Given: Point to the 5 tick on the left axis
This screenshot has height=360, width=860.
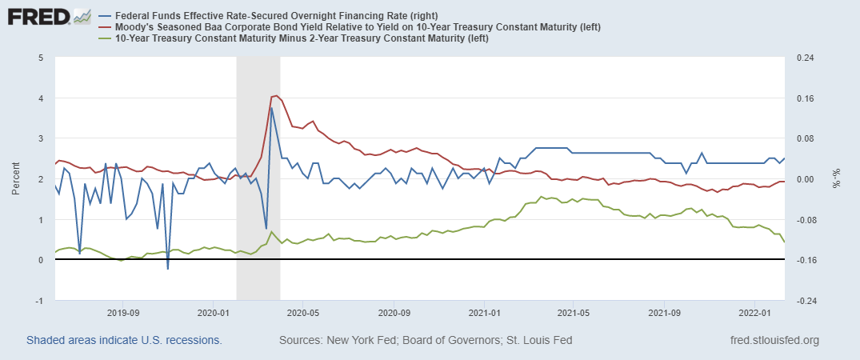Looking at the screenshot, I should [40, 58].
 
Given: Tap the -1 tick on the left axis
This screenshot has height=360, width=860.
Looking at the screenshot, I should [39, 301].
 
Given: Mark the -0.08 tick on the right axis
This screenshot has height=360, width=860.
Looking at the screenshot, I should [802, 220].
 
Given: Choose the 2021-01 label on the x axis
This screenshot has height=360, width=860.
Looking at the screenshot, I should [485, 313].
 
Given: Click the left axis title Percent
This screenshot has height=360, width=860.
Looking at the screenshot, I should [16, 179].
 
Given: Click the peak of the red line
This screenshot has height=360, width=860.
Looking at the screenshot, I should [276, 95].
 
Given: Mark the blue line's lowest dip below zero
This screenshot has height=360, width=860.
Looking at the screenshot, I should [168, 269].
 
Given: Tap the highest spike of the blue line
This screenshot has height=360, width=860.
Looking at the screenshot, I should [271, 108].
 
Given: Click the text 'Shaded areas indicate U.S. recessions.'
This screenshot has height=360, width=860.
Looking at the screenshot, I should [124, 341].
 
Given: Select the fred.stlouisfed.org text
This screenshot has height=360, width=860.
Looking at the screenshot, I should [774, 341].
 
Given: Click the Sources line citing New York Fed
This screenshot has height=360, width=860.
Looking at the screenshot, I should [425, 341].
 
